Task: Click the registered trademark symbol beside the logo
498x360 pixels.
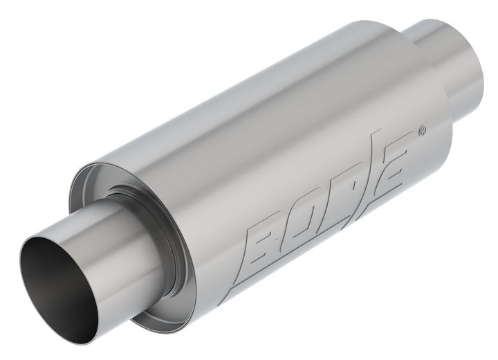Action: pyautogui.click(x=423, y=129)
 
